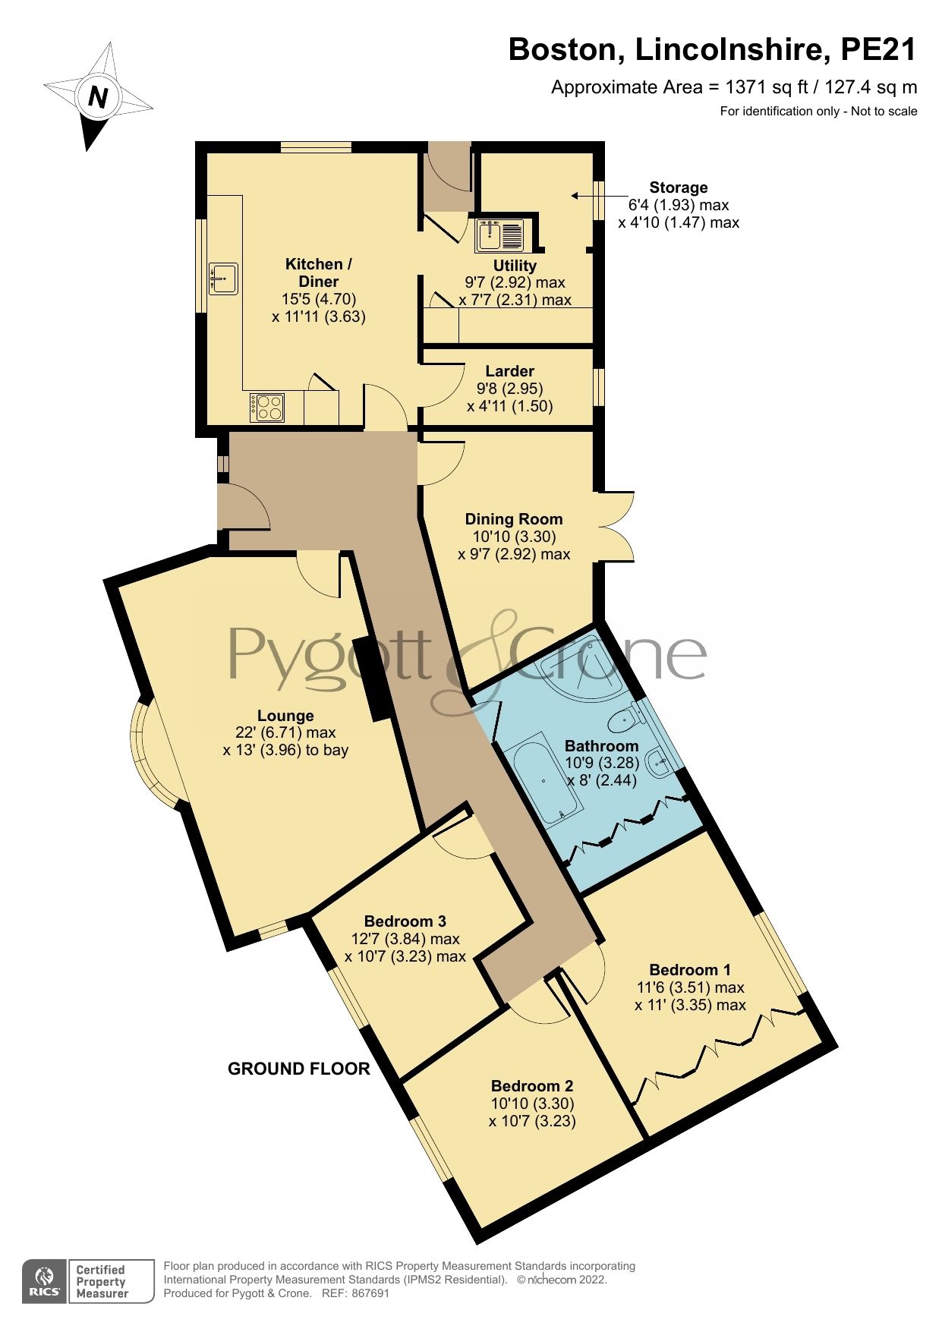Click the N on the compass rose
(x=98, y=97)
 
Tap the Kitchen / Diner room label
(x=318, y=272)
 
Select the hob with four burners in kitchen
(x=267, y=407)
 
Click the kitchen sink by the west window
(x=223, y=279)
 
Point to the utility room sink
(x=499, y=234)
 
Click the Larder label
(x=509, y=371)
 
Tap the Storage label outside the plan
(x=678, y=187)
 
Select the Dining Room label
(x=514, y=519)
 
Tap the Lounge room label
(x=285, y=716)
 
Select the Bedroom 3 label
(x=405, y=921)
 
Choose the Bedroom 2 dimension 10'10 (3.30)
(x=532, y=1104)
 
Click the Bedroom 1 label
(x=690, y=970)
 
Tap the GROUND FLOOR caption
(x=298, y=1069)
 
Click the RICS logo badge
(x=46, y=1281)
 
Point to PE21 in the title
(x=878, y=50)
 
